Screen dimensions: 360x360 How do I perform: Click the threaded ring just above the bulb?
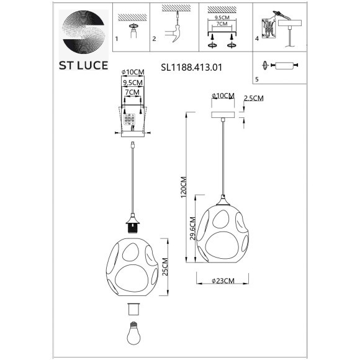coord(133,309)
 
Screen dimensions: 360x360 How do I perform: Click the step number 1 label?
coord(117,38)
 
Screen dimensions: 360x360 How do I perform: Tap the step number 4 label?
coord(256,38)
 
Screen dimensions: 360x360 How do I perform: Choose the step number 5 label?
coord(256,79)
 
